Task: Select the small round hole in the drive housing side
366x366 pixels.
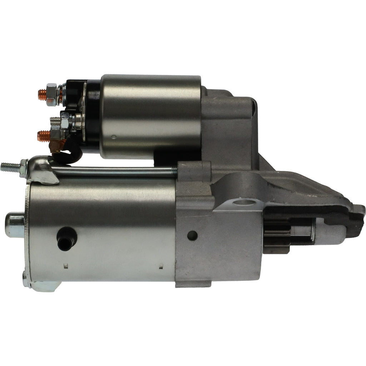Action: point(192,235)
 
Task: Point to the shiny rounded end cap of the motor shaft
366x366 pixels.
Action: point(14,225)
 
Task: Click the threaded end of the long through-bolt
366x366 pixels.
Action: point(9,167)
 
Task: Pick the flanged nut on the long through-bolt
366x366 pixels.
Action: point(24,168)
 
